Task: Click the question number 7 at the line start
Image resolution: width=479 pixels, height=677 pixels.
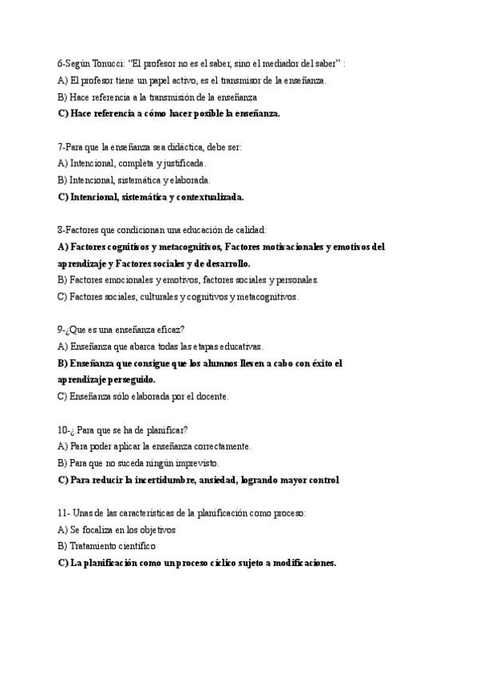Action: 61,147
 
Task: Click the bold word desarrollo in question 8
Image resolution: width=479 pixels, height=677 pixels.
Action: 223,263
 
